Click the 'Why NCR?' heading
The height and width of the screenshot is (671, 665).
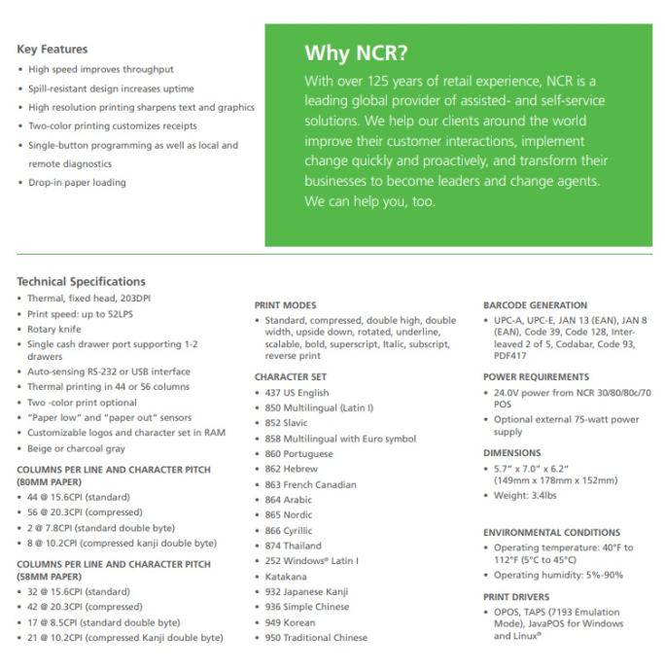point(356,53)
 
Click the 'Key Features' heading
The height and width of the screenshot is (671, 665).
point(52,49)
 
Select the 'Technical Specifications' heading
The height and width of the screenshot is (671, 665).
point(81,281)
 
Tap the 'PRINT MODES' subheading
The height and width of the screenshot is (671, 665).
point(285,305)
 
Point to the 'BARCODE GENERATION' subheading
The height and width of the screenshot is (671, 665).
point(535,305)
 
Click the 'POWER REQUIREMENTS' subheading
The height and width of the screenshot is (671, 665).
point(536,376)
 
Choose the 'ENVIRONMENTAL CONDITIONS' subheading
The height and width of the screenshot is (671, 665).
point(551,532)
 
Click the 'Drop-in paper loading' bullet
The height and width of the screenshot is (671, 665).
point(77,182)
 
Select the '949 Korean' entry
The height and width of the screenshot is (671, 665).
point(290,622)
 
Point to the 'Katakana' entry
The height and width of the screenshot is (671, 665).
point(286,576)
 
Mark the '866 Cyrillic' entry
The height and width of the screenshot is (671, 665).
point(289,530)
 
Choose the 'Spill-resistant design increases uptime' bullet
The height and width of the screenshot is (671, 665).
point(111,88)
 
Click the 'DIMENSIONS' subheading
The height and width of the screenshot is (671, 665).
point(511,452)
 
